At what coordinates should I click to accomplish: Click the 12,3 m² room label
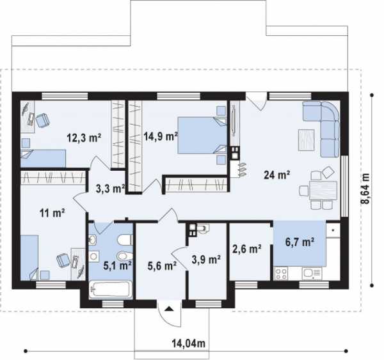(84, 138)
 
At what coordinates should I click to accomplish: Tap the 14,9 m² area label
(161, 136)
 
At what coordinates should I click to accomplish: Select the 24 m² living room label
(277, 175)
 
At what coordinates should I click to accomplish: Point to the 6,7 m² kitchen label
(300, 242)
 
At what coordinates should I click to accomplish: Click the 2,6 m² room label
(247, 249)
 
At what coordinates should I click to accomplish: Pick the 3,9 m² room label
(206, 260)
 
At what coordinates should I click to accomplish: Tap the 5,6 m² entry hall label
(162, 266)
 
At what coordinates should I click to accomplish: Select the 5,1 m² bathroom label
(118, 265)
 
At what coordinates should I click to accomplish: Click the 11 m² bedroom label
(52, 213)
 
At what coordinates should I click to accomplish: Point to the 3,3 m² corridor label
(111, 189)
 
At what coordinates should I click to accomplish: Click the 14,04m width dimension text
(189, 343)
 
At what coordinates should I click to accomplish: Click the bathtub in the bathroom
(111, 290)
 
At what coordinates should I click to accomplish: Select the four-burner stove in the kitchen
(281, 274)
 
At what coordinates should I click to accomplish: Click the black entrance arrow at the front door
(169, 309)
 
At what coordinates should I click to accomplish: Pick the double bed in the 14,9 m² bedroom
(202, 136)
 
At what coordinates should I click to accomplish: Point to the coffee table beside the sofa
(306, 140)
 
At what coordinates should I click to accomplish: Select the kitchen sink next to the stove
(312, 274)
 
